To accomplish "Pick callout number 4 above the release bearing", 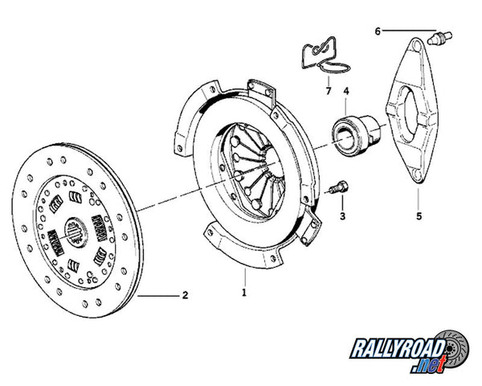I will [346, 91].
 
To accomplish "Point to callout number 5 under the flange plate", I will [419, 216].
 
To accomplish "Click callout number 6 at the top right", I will [377, 31].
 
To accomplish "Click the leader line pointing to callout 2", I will [157, 296].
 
